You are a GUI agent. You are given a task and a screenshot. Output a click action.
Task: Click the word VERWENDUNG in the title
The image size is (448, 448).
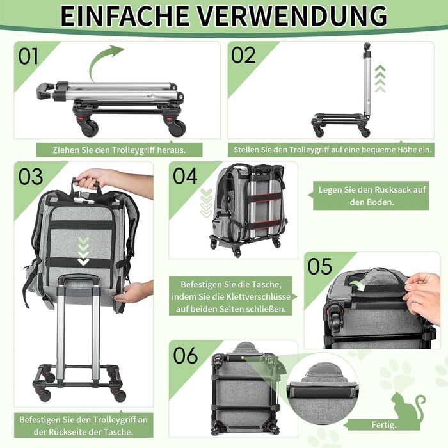[x=293, y=15]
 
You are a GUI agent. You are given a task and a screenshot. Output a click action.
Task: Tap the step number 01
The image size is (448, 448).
[x=28, y=56]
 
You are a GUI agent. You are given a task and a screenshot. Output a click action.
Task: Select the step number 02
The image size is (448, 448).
[x=243, y=55]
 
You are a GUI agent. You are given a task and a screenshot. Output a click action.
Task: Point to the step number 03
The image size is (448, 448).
[x=31, y=176]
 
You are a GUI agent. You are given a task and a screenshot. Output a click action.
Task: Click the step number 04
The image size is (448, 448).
[x=185, y=176]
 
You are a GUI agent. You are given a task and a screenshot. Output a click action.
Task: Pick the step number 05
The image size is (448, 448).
[x=320, y=266]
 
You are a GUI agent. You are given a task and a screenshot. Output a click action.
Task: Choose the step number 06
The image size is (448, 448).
[x=186, y=355]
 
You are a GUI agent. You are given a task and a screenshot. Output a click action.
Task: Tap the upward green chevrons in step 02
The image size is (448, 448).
[x=380, y=79]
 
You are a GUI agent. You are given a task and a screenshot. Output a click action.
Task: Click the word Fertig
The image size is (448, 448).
[x=384, y=425]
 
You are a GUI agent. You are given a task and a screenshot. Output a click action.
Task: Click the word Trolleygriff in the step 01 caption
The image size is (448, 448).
[x=133, y=150]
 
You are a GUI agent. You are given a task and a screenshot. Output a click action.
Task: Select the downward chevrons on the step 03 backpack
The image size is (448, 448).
[x=83, y=251]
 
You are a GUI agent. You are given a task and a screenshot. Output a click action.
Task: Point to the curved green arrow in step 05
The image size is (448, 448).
[x=358, y=285]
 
